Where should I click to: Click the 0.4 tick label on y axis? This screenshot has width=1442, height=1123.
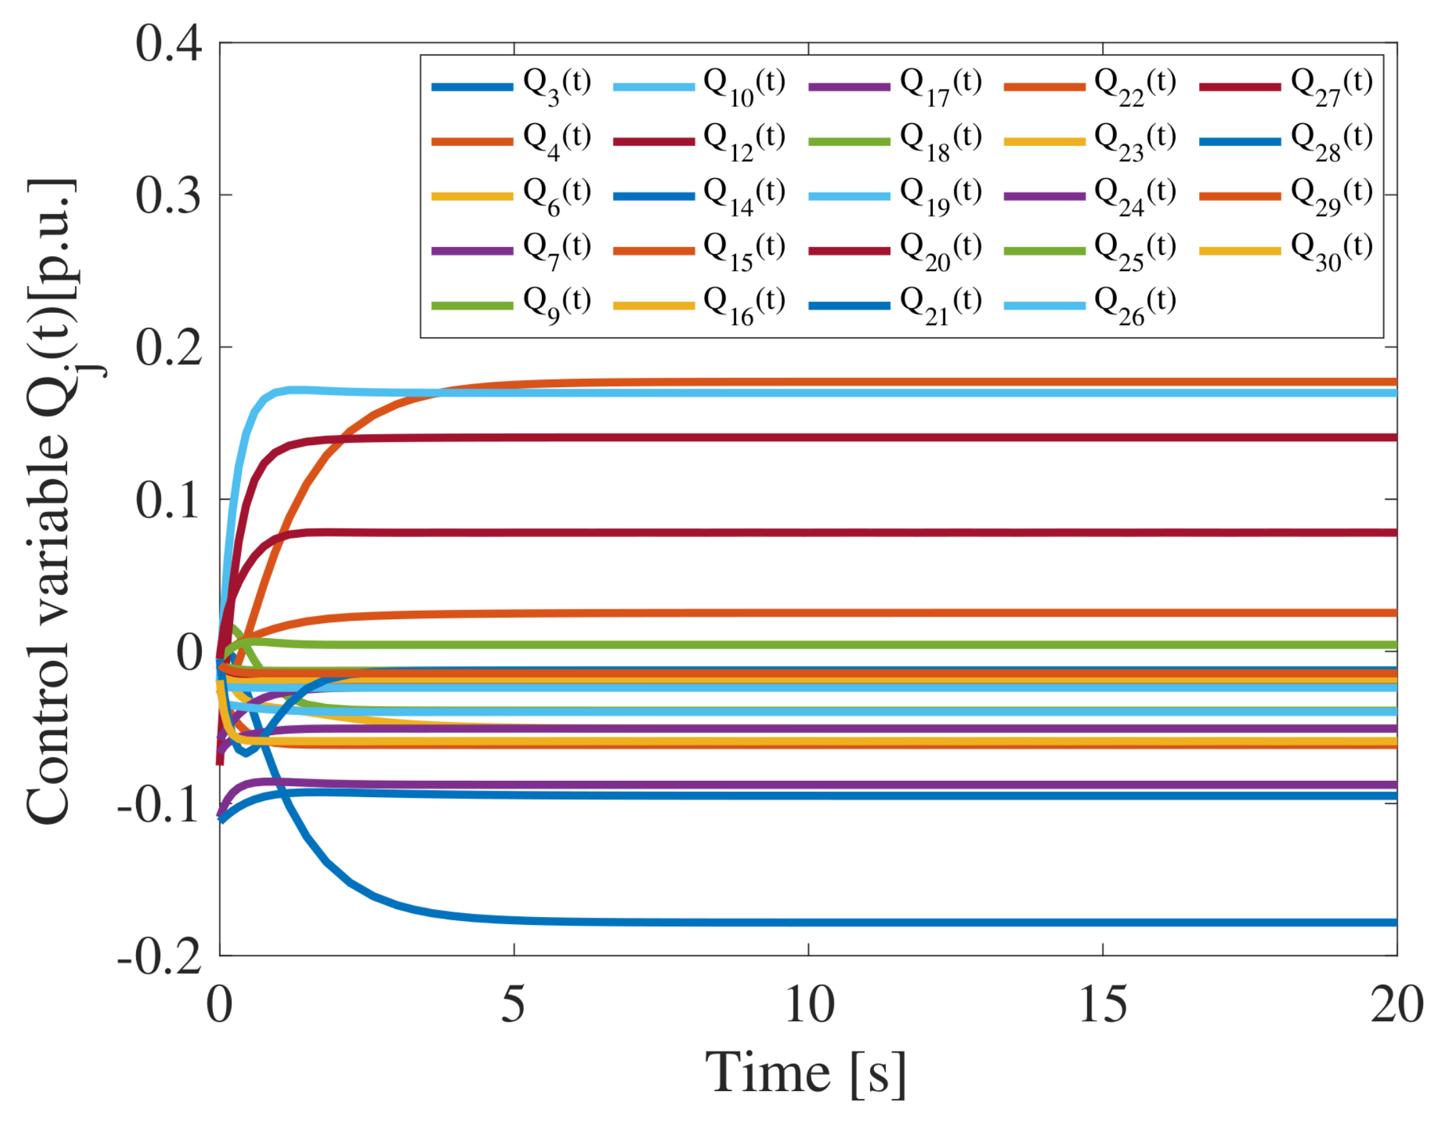point(169,44)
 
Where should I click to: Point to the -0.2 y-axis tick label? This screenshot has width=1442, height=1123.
point(159,956)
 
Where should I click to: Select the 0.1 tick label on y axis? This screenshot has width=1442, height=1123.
point(169,500)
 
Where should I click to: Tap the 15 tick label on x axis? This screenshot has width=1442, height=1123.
point(1103,1005)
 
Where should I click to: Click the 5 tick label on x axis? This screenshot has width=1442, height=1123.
point(513,1005)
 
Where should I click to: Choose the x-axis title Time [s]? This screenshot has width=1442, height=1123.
point(806,1073)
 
